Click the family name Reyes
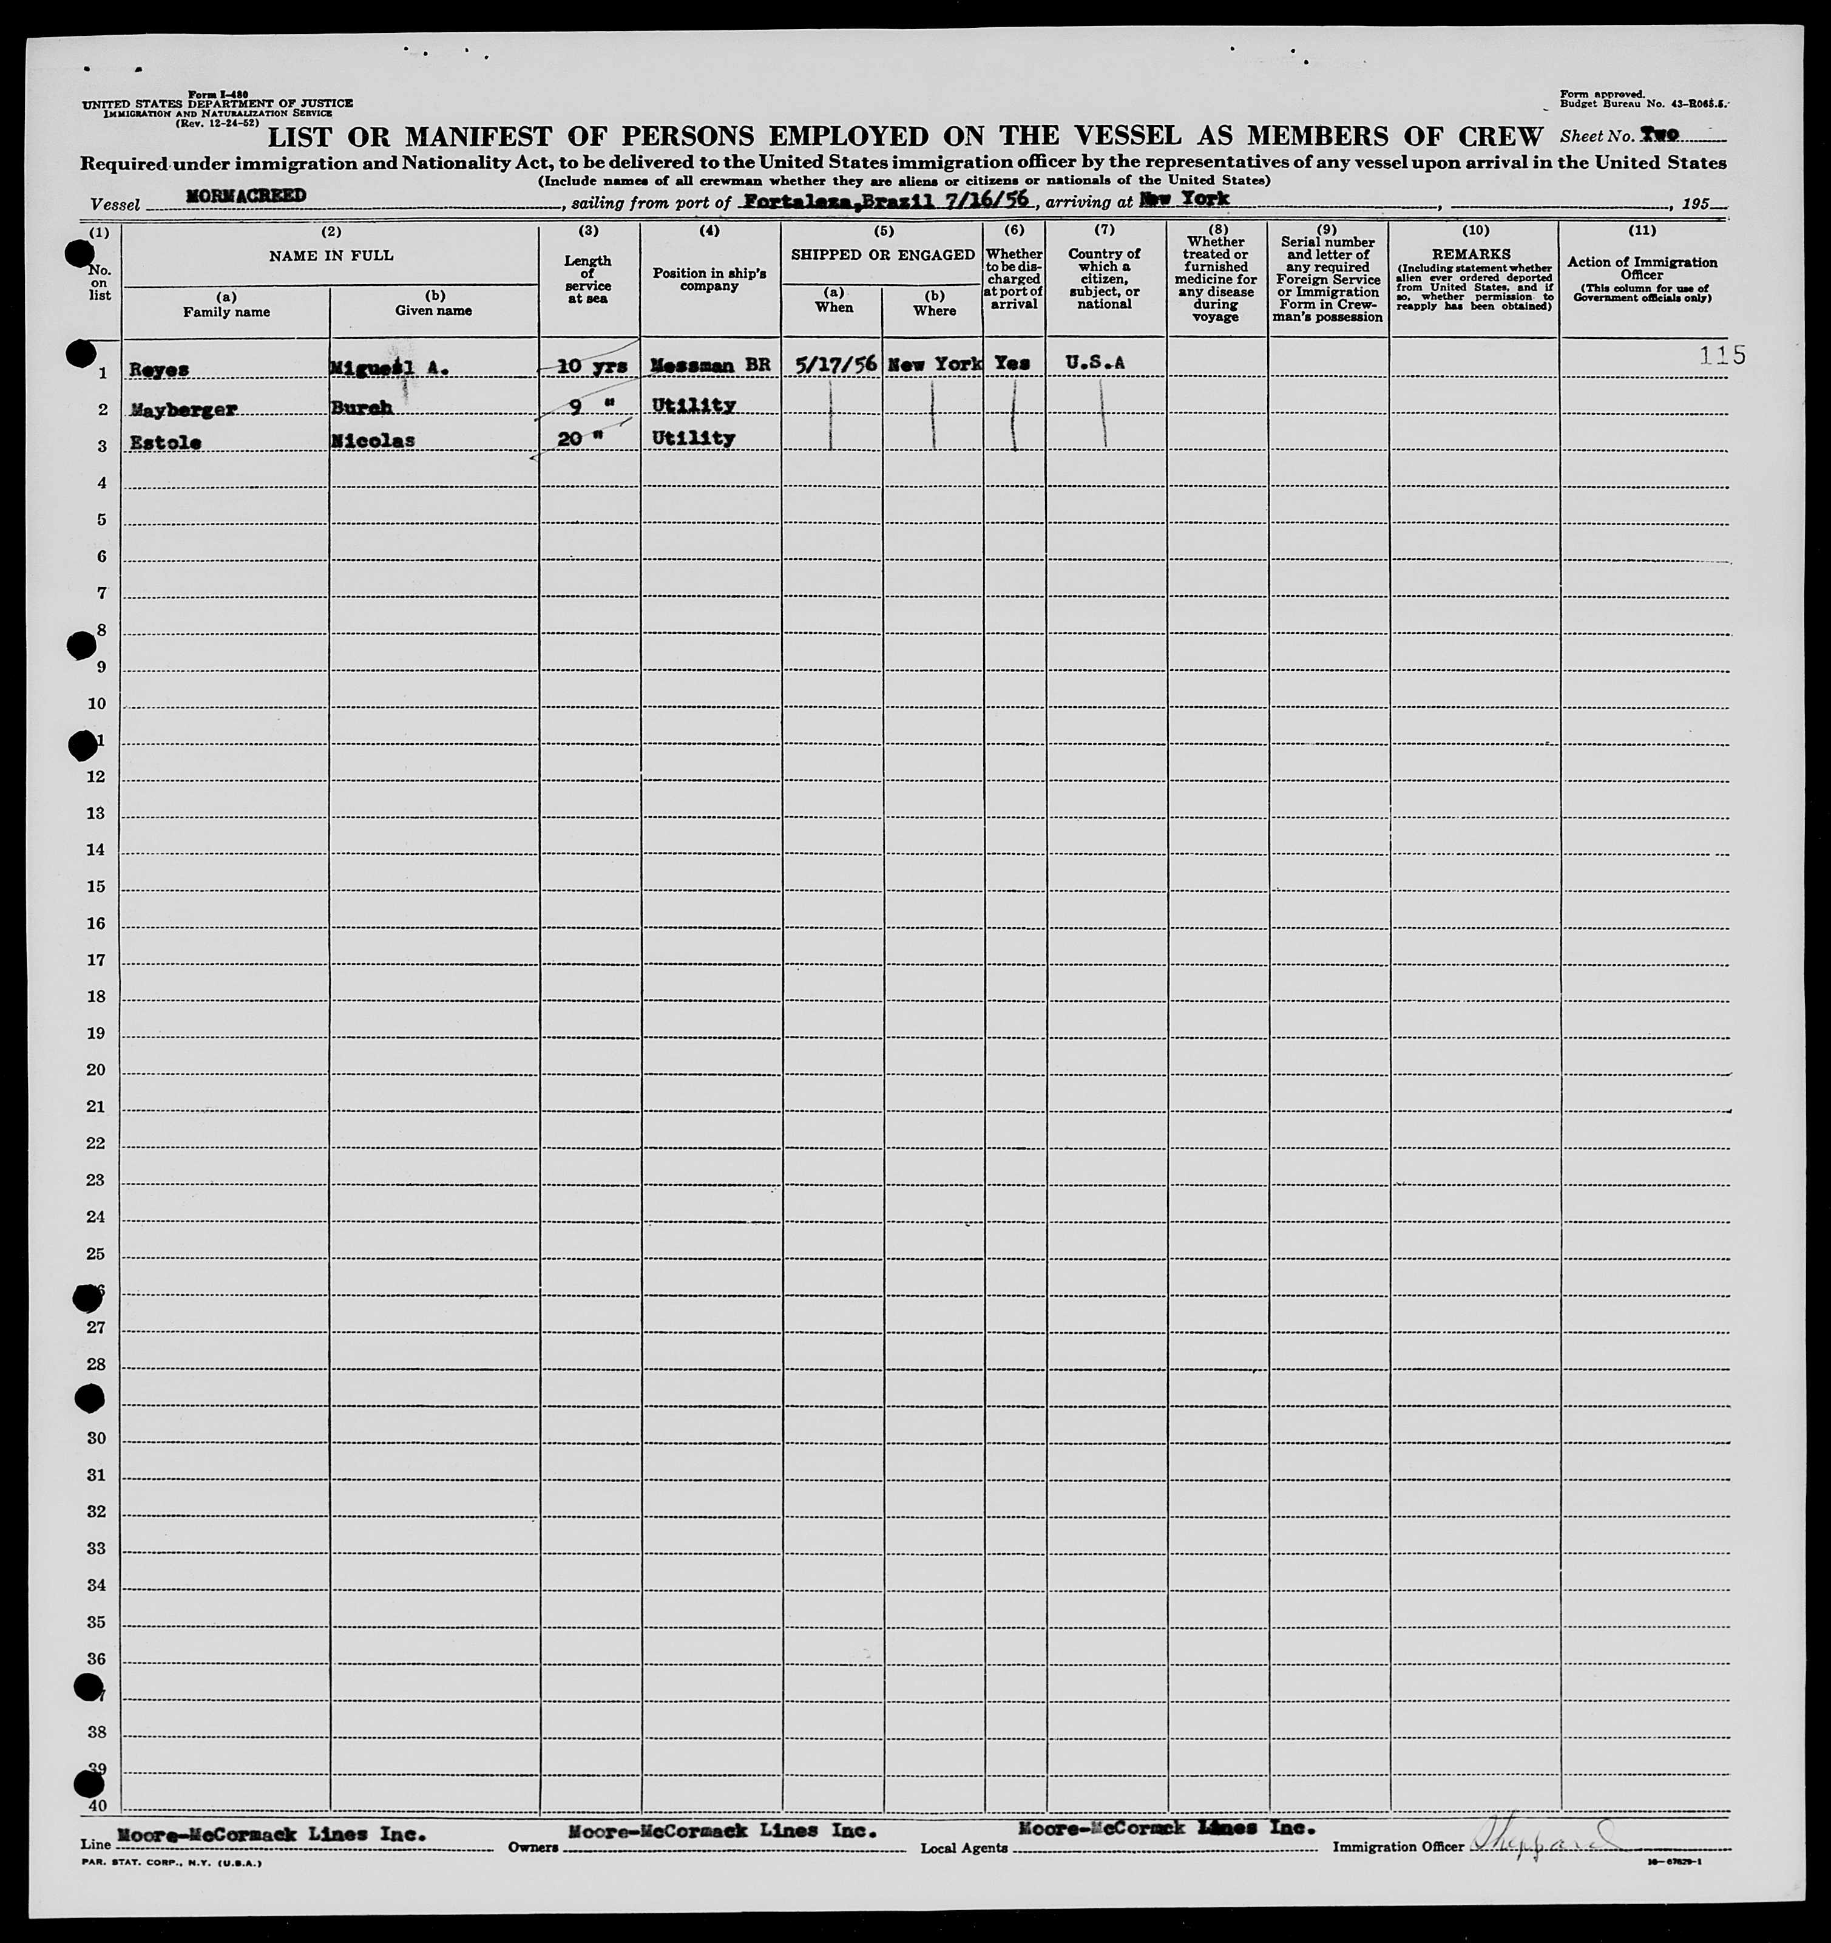(x=158, y=369)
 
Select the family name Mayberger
(x=183, y=409)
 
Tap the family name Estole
(x=165, y=443)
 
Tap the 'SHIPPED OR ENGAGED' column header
(x=882, y=255)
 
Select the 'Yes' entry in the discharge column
(x=1012, y=362)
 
